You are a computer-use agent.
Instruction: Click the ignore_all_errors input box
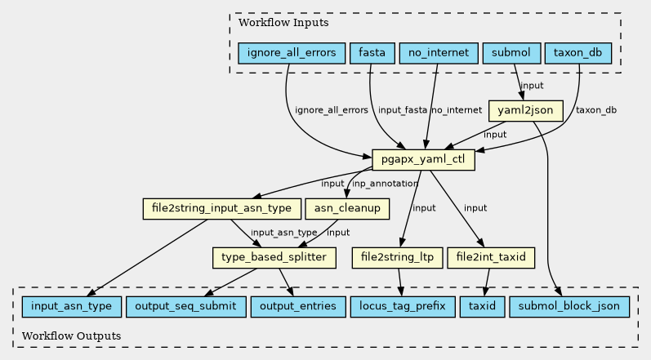[x=292, y=53]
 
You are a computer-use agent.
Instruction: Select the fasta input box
[x=372, y=53]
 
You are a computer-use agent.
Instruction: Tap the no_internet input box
[x=439, y=53]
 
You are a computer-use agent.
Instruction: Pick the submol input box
[x=511, y=53]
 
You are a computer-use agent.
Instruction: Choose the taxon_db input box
[x=578, y=53]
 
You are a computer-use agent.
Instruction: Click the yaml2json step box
[x=525, y=111]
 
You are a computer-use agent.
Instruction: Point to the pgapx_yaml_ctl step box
[x=423, y=160]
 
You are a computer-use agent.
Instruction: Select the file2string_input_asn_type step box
[x=221, y=209]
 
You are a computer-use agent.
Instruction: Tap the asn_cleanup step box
[x=347, y=209]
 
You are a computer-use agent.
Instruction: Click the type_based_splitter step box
[x=274, y=258]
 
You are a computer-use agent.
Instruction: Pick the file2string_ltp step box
[x=397, y=258]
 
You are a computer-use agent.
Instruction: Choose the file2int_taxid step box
[x=491, y=258]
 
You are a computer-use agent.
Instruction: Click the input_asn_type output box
[x=71, y=306]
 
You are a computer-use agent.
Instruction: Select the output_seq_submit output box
[x=185, y=306]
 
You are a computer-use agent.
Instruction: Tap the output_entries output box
[x=298, y=306]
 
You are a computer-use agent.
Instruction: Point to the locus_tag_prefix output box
[x=403, y=306]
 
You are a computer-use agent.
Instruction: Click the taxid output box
[x=483, y=306]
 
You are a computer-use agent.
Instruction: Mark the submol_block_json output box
[x=569, y=306]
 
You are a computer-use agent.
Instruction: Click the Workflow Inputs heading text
[x=283, y=22]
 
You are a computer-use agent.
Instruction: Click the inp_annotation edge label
[x=385, y=184]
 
